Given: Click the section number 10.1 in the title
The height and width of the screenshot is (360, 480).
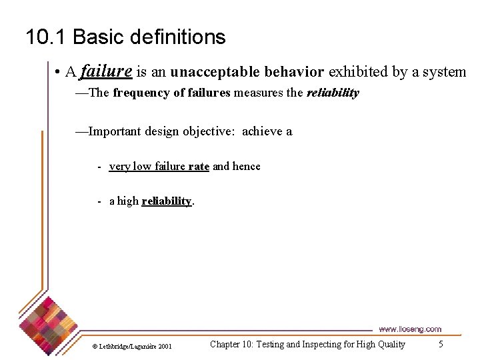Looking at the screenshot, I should click(46, 37).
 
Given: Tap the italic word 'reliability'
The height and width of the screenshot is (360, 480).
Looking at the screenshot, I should click(333, 93).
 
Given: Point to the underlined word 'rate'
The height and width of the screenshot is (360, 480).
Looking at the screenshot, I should click(199, 166).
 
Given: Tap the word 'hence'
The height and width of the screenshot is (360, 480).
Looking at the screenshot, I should click(247, 166).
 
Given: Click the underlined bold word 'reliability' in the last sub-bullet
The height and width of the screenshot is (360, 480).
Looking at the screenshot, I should click(167, 201).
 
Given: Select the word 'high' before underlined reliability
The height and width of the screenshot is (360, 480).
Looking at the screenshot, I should click(128, 201).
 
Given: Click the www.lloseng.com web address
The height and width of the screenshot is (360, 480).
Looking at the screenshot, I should click(410, 329).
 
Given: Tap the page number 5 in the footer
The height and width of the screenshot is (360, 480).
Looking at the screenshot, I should click(441, 344).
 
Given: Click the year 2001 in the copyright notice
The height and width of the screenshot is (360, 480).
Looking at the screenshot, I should click(164, 346).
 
